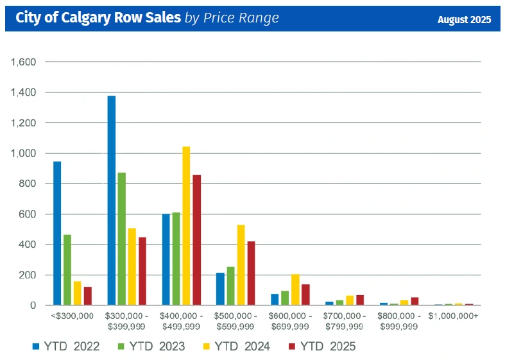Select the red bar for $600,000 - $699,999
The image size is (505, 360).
point(305,295)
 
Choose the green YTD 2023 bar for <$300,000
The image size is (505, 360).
point(67,270)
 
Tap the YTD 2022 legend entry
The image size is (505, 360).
point(66,347)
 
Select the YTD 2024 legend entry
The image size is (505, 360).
point(237,347)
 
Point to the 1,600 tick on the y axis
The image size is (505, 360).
point(23,62)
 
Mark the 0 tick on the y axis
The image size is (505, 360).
point(32,305)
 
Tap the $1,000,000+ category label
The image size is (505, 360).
point(452,316)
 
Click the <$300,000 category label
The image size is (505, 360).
point(72,316)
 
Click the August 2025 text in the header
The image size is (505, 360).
point(464,20)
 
